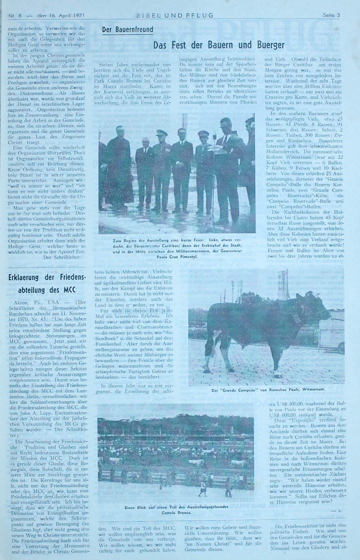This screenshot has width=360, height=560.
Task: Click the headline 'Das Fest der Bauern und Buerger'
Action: click(219, 45)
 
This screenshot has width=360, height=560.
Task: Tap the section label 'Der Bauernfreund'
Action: click(127, 30)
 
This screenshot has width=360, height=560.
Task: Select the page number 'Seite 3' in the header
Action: click(331, 15)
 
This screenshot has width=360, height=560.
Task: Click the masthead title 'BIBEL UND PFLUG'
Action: click(174, 15)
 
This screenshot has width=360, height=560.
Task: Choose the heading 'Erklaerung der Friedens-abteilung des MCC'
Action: click(47, 283)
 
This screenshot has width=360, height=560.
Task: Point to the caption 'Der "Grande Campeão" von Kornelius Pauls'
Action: click(268, 389)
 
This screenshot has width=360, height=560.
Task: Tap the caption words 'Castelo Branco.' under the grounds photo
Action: click(176, 512)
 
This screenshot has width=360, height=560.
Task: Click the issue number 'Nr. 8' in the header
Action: click(15, 15)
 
